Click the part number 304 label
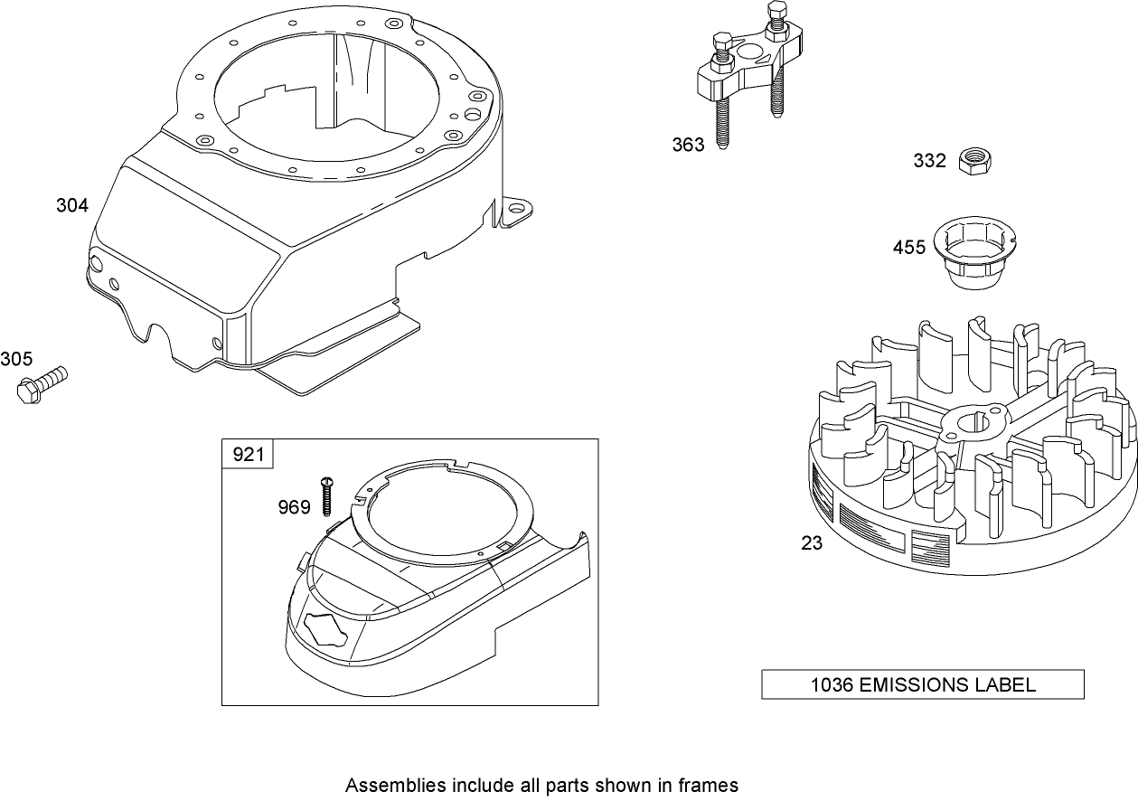[x=72, y=205]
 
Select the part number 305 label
[x=16, y=359]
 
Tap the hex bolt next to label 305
[x=42, y=382]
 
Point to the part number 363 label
[x=688, y=145]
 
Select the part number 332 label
[x=929, y=161]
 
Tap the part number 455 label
[x=909, y=247]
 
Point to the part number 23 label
[x=812, y=543]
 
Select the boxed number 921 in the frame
[x=249, y=454]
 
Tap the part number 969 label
[x=294, y=507]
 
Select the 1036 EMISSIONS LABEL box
[x=922, y=684]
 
